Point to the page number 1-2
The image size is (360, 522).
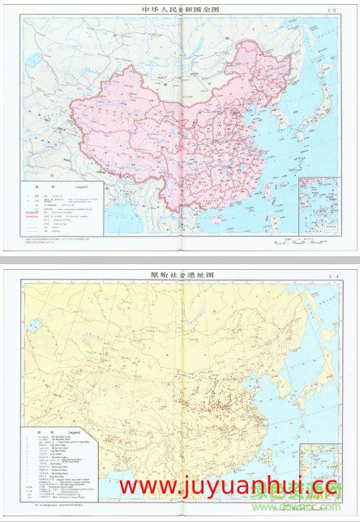[329, 11]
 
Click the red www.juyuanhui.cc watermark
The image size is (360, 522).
[227, 486]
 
